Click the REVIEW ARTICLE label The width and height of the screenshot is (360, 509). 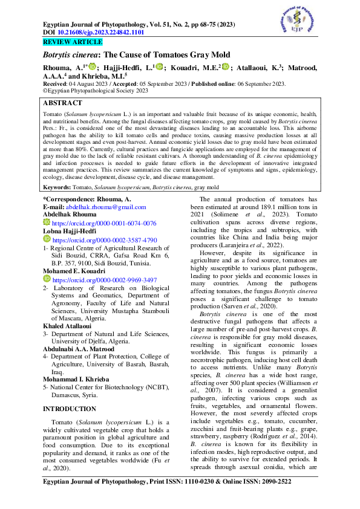[73, 42]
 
